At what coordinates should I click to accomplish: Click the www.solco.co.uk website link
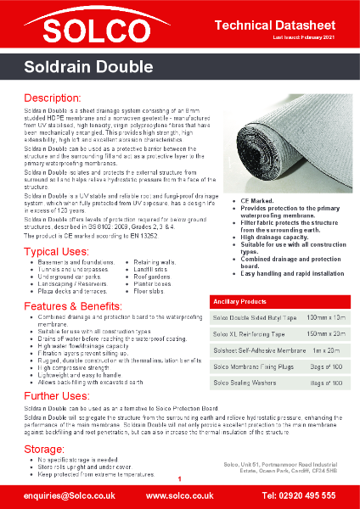pos(179,495)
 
